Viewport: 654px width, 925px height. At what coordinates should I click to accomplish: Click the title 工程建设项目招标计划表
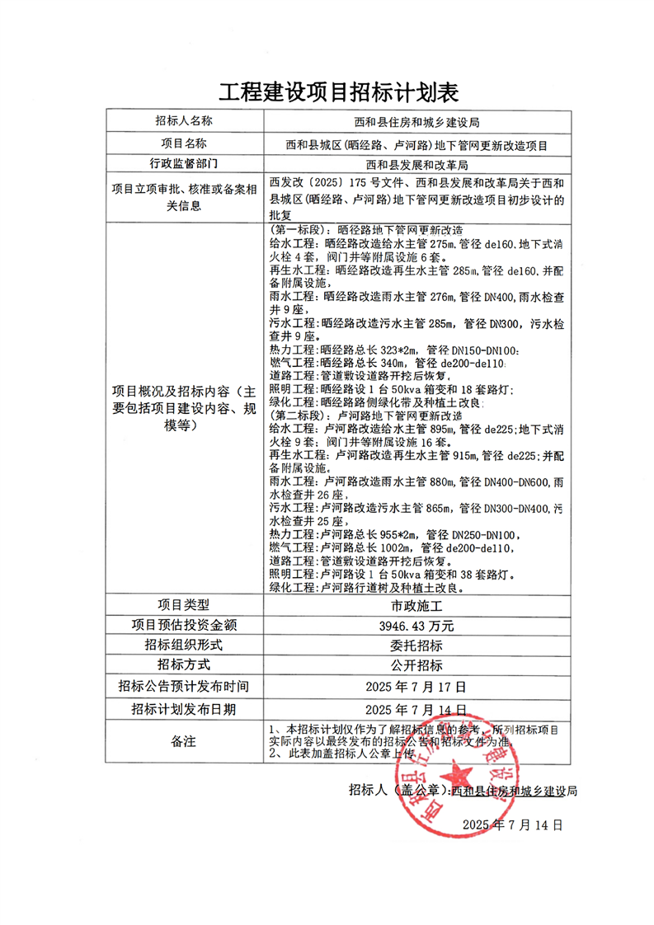(x=327, y=91)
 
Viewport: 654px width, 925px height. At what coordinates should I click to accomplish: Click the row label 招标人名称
(x=183, y=120)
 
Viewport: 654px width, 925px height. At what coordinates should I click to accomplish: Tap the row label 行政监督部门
(x=183, y=163)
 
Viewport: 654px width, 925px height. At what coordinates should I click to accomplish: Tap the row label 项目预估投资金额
(x=183, y=625)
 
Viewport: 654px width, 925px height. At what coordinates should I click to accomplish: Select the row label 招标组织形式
(x=183, y=645)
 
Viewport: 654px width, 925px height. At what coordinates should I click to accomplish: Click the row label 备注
(x=183, y=741)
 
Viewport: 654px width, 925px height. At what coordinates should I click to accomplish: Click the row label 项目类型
(x=183, y=604)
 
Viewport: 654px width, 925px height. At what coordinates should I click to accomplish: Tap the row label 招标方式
(x=183, y=665)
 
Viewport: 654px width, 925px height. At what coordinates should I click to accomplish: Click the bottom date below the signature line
(x=512, y=824)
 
